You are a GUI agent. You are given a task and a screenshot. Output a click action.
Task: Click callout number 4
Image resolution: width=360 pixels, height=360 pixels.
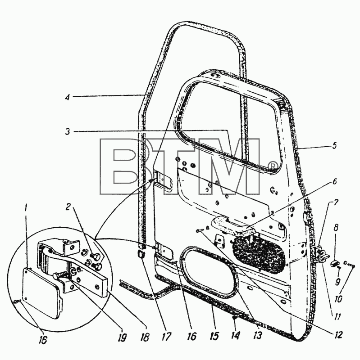pyautogui.click(x=67, y=97)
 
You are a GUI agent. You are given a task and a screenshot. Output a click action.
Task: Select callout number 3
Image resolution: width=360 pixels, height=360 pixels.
pyautogui.click(x=67, y=132)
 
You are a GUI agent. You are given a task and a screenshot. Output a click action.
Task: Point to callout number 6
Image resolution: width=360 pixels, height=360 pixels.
pyautogui.click(x=334, y=181)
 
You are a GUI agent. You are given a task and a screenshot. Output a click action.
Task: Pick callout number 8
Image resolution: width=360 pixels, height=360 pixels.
pyautogui.click(x=336, y=228)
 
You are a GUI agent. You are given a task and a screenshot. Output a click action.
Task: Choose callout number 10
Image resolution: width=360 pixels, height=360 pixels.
pyautogui.click(x=339, y=299)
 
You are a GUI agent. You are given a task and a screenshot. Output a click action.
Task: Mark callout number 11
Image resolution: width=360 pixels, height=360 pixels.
pyautogui.click(x=337, y=317)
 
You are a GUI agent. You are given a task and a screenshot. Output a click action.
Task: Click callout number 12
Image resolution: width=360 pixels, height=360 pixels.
pyautogui.click(x=338, y=334)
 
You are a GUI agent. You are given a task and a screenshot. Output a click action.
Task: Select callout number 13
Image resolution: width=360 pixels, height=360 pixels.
pyautogui.click(x=257, y=335)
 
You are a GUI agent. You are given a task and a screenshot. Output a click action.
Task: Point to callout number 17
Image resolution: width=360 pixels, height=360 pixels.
pyautogui.click(x=166, y=337)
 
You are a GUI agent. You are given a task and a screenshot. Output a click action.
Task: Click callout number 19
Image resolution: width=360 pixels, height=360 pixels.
pyautogui.click(x=122, y=337)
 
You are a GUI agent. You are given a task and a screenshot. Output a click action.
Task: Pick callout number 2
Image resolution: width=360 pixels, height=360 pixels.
pyautogui.click(x=68, y=207)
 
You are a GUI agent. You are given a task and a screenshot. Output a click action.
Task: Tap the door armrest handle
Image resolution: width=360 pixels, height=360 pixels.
pyautogui.click(x=232, y=225)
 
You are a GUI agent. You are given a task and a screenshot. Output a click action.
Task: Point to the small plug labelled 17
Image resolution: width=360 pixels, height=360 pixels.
pyautogui.click(x=141, y=254)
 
